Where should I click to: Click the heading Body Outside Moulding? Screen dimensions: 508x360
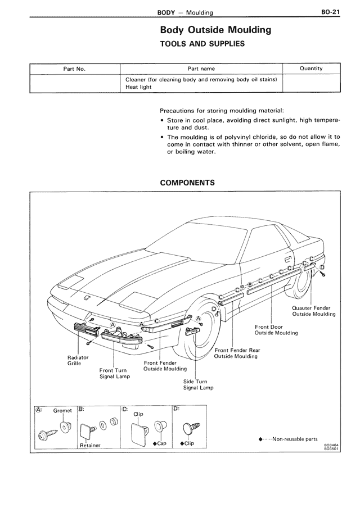tap(208, 30)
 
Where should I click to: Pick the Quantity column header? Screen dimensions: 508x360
tap(311, 69)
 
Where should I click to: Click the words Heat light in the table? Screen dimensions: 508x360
tap(138, 87)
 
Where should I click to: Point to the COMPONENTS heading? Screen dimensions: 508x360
tap(187, 183)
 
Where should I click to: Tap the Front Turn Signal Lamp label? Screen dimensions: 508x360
tap(115, 374)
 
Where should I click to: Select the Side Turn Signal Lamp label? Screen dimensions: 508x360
tap(199, 385)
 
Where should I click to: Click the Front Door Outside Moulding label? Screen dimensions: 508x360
tap(276, 330)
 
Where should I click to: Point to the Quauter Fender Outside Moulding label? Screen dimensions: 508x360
tap(314, 311)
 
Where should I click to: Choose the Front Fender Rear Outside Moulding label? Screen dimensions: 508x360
tap(237, 353)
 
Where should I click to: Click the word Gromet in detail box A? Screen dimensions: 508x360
tap(62, 410)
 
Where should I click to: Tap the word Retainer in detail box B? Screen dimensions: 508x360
tap(89, 446)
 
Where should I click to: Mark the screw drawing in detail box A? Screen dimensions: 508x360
tap(46, 434)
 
